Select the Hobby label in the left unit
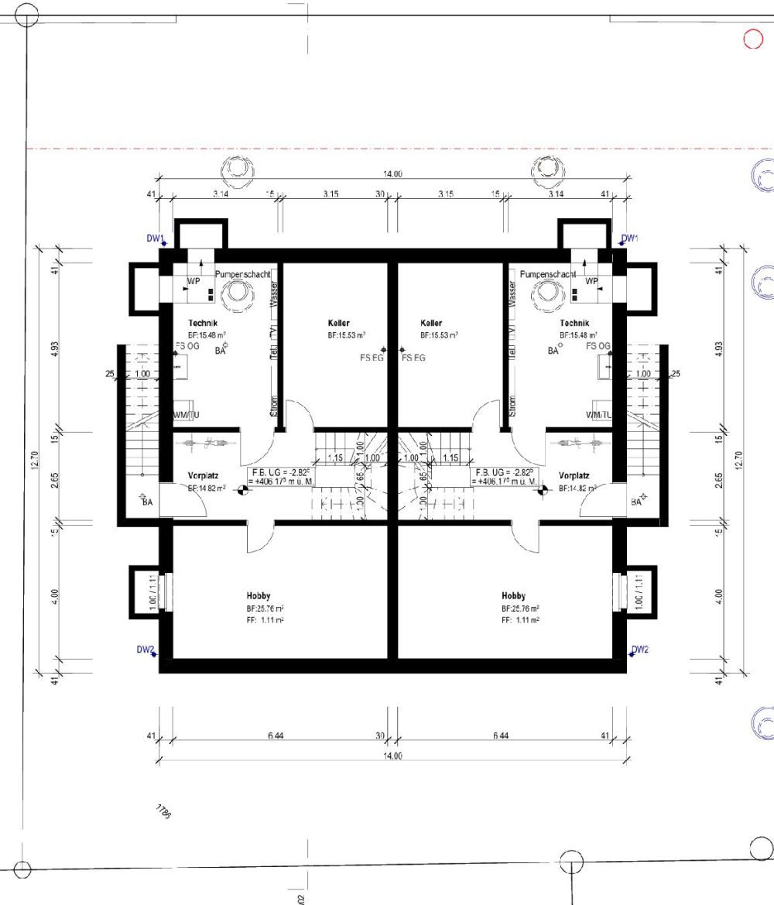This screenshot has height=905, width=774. [x=259, y=595]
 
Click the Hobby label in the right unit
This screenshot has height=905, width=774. [x=513, y=595]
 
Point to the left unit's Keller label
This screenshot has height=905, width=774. [x=338, y=323]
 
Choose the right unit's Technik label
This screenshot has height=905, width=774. [x=574, y=323]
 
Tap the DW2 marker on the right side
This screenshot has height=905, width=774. [x=639, y=650]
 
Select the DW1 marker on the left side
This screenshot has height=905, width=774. [x=156, y=238]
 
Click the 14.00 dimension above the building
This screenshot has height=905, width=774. [x=393, y=174]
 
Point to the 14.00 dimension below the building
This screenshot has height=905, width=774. [x=392, y=756]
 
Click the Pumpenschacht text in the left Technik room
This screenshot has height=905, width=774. [x=242, y=275]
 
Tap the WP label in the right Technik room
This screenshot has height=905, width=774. [x=591, y=281]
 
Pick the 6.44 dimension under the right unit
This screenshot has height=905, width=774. [x=501, y=735]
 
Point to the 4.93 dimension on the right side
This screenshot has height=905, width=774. [x=719, y=347]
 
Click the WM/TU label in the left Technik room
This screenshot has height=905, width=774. [x=187, y=415]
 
